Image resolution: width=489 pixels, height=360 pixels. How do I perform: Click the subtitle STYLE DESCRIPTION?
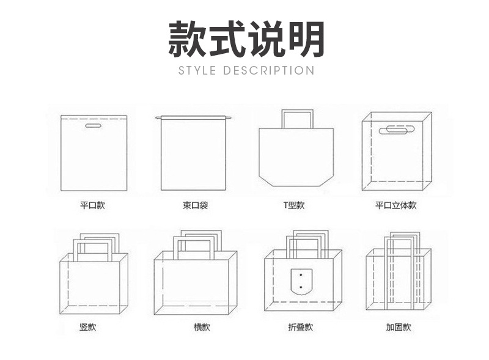coord(246,70)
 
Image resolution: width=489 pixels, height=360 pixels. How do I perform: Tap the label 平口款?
coord(92,205)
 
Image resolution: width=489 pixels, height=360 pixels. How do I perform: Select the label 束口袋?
coord(196,205)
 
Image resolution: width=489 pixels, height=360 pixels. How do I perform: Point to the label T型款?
coord(293,205)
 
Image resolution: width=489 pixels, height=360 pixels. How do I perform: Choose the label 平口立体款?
coord(395,205)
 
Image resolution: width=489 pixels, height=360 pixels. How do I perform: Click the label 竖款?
coord(88,327)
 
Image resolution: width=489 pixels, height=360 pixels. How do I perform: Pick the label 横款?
coord(202,327)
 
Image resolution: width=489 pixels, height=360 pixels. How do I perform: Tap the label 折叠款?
coord(300,327)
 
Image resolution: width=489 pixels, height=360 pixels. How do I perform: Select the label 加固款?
coord(398,327)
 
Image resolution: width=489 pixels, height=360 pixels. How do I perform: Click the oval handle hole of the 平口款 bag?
coord(94,127)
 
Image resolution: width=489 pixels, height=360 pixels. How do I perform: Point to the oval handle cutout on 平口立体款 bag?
coord(396,130)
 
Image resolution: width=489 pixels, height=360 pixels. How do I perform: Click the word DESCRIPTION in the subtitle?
coord(268,70)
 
